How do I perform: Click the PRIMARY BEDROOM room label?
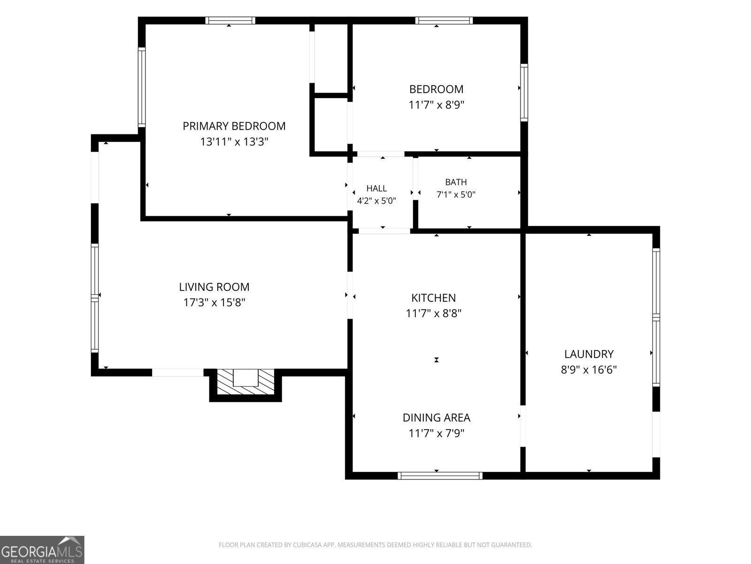(x=234, y=126)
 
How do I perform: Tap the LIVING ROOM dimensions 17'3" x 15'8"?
(x=214, y=302)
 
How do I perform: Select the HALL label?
(x=376, y=188)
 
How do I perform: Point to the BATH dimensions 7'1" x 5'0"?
(x=456, y=195)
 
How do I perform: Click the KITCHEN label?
(x=434, y=298)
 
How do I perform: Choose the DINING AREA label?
(x=436, y=417)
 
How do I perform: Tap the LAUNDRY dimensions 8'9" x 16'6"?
(x=589, y=369)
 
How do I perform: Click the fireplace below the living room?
(x=245, y=384)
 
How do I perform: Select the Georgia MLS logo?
(x=42, y=549)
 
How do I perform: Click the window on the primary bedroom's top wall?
(x=230, y=21)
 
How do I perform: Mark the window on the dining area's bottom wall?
(x=440, y=475)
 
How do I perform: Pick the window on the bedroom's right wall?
(x=524, y=93)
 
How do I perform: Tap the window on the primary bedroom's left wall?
(x=142, y=87)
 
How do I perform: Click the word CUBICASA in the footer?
(x=307, y=544)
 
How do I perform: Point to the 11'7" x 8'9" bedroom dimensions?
(x=436, y=104)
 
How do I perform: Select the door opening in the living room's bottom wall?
(x=178, y=373)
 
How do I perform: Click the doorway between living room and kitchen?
(x=350, y=295)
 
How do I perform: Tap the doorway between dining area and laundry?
(x=523, y=426)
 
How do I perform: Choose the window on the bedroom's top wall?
(x=444, y=21)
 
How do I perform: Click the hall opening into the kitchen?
(x=384, y=231)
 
